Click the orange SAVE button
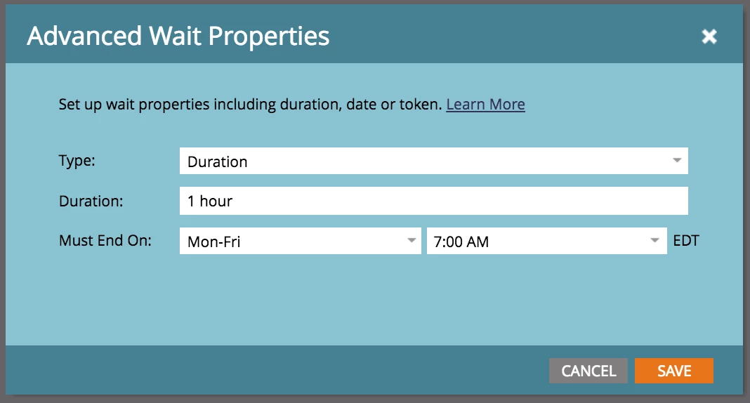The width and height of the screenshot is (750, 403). (674, 371)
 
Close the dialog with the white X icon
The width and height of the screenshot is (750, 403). (709, 37)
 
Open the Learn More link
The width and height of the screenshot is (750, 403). (485, 104)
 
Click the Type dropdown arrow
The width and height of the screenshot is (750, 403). (677, 160)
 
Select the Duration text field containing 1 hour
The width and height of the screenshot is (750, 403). (434, 201)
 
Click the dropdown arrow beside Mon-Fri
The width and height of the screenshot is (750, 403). (412, 240)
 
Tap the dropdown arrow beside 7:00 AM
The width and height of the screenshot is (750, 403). (654, 240)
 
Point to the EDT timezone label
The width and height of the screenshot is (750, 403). (686, 240)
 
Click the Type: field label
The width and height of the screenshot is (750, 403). (77, 161)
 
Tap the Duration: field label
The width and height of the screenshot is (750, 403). (91, 201)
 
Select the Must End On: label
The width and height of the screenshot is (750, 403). (105, 240)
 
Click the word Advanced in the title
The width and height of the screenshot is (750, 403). (85, 37)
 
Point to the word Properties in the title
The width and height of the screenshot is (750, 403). (269, 37)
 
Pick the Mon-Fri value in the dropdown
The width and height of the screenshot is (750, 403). (213, 242)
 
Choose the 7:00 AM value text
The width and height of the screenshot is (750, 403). (461, 242)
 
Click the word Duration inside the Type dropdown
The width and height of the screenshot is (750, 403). (218, 162)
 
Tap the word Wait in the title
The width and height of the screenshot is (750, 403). (175, 37)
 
